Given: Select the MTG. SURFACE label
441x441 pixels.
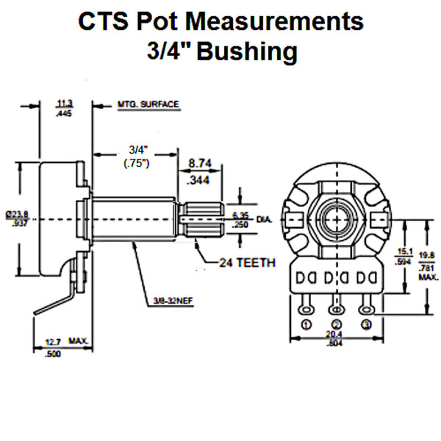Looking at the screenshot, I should (148, 105).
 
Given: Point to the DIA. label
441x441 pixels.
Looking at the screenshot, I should (265, 219).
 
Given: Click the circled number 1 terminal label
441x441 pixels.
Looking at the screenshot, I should (306, 324).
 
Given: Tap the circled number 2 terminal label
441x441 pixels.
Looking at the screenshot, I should (337, 324).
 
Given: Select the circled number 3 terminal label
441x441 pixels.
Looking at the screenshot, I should (367, 324).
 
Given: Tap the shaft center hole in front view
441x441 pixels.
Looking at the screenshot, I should (337, 219).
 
